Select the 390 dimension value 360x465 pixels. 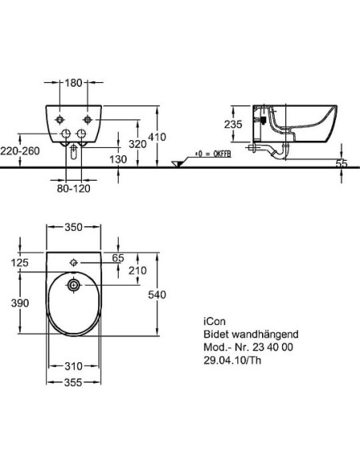20,303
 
